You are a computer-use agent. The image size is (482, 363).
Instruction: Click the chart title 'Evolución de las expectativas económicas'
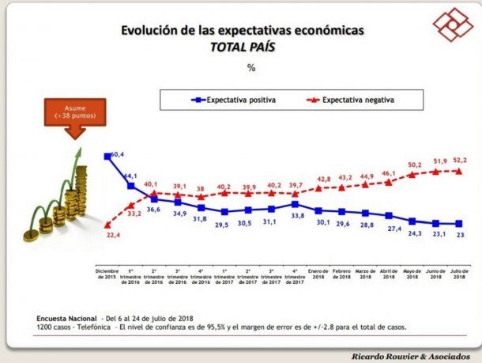point(242,31)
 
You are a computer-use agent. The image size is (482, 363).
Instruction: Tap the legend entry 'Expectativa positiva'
point(236,100)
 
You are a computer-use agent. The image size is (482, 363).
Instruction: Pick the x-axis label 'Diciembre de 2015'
point(106,272)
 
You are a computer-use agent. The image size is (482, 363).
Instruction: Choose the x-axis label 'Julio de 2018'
point(458,272)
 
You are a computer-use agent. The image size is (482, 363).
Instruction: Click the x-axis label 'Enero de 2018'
point(317,272)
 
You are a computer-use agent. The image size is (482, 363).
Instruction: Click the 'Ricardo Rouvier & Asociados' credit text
point(412,357)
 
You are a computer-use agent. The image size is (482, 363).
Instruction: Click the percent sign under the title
point(251,68)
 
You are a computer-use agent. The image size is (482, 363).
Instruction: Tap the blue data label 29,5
point(224,225)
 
